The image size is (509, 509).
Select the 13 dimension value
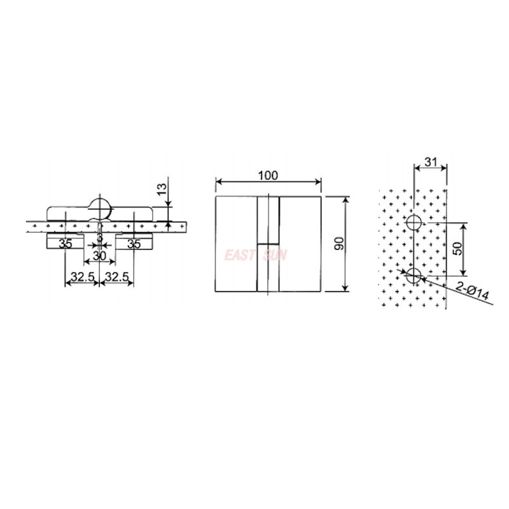coord(162,188)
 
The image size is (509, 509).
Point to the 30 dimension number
coord(99,255)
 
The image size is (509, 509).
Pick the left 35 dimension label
coord(66,243)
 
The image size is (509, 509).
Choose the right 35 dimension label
coord(133,243)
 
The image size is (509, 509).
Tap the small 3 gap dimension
coord(99,237)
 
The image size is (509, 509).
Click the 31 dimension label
coord(430,162)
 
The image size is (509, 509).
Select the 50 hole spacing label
coord(457,249)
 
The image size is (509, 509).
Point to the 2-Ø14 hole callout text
coord(473,293)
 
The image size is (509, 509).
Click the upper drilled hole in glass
coord(414,223)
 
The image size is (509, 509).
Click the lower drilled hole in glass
coord(414,275)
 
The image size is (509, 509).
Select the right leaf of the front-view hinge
coord(300,244)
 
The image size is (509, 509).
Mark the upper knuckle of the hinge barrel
coord(268,220)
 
